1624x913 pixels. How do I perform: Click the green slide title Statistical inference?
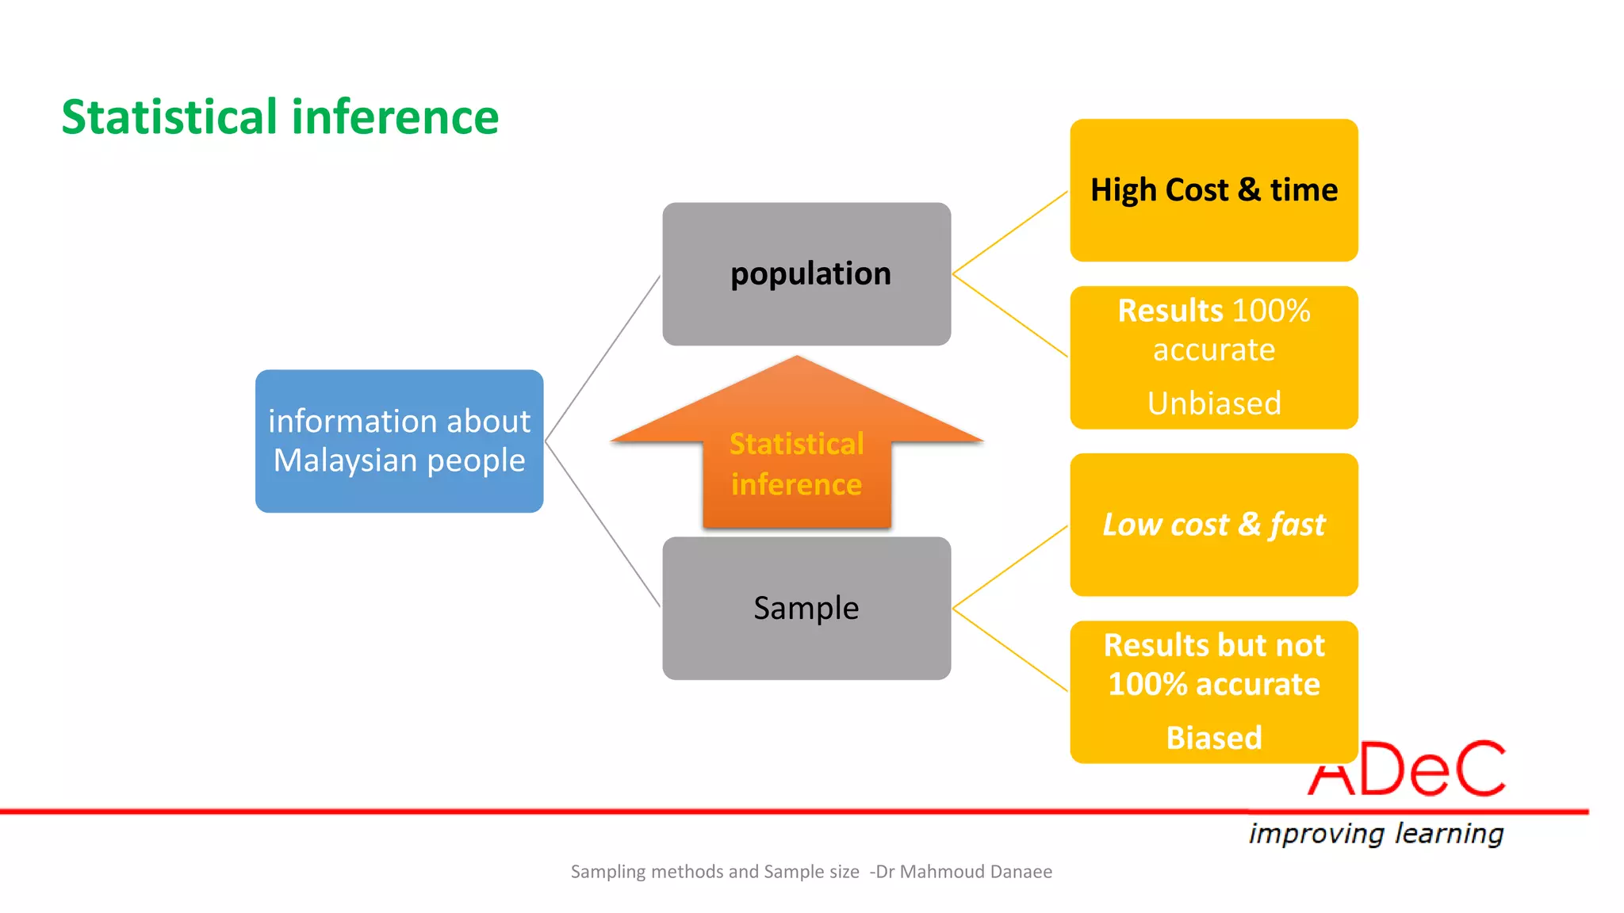280,117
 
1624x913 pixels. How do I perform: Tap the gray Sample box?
806,608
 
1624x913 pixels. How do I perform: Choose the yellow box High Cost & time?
1214,190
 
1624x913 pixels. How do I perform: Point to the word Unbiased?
1214,403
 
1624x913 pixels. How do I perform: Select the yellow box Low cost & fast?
1214,525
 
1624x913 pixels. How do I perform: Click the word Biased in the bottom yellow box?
1214,738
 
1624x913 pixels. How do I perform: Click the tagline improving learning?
1376,834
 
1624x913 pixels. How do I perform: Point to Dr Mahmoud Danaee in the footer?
964,872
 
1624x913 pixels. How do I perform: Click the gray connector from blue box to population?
603,358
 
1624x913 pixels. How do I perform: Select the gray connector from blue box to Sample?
603,524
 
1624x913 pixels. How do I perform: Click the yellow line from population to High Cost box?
1009,232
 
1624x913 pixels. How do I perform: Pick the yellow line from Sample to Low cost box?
1009,567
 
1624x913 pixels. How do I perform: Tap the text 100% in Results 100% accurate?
1271,311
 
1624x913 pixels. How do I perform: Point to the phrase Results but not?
1214,645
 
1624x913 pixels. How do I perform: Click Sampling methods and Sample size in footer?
714,872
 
